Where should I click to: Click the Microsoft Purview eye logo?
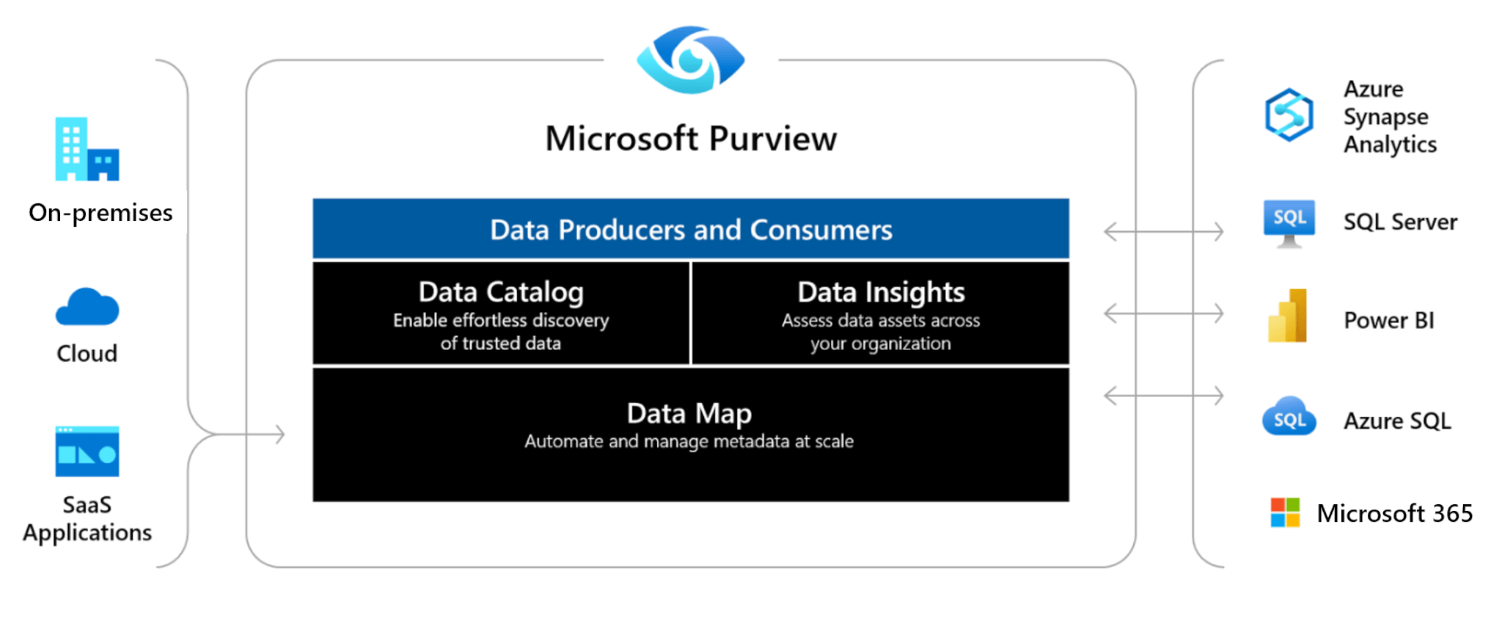(690, 60)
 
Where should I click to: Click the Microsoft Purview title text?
(690, 139)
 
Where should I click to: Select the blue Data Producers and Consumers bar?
(690, 229)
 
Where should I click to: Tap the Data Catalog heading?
(501, 292)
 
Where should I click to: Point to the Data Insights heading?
(881, 292)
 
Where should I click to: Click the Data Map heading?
(689, 413)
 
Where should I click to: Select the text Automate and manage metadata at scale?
(689, 441)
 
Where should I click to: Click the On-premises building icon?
(87, 150)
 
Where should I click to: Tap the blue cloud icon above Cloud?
(87, 307)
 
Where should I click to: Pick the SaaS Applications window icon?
(87, 451)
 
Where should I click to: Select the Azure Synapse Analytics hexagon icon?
(1289, 115)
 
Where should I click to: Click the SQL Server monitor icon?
(1289, 222)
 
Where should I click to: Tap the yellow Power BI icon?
(1288, 316)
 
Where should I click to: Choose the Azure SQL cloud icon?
(1289, 417)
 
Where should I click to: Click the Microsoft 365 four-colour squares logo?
(1285, 512)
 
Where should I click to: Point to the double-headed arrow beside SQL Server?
(1163, 232)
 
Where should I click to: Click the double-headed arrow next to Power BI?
(1163, 313)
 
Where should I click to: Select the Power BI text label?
(1388, 320)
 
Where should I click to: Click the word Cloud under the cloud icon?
(87, 354)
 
